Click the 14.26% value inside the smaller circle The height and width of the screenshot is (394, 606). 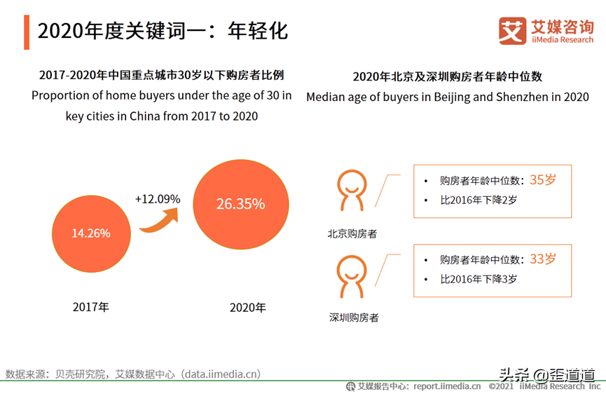[91, 233]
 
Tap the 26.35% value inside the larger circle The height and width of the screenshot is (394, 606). [240, 204]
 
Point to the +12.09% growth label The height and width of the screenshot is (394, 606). [158, 199]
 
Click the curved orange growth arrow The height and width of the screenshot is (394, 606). [159, 221]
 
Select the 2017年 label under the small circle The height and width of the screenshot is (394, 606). [91, 307]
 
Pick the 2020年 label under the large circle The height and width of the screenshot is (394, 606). [248, 308]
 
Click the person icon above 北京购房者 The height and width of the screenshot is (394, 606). [352, 190]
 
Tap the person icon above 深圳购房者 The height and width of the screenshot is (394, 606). [352, 276]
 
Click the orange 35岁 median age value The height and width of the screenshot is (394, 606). [543, 179]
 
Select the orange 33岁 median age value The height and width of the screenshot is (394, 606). [543, 259]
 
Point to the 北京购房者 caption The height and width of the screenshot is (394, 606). [352, 233]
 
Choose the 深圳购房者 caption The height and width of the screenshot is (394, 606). [354, 318]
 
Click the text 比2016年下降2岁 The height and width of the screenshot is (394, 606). [478, 200]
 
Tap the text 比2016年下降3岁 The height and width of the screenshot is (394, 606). [478, 279]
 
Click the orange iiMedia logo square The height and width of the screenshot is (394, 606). [512, 31]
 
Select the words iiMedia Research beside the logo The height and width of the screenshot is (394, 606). [563, 40]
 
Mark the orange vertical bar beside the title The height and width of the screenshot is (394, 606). [27, 32]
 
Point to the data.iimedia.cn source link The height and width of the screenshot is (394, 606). [222, 374]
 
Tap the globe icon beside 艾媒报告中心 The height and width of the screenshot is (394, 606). [350, 386]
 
